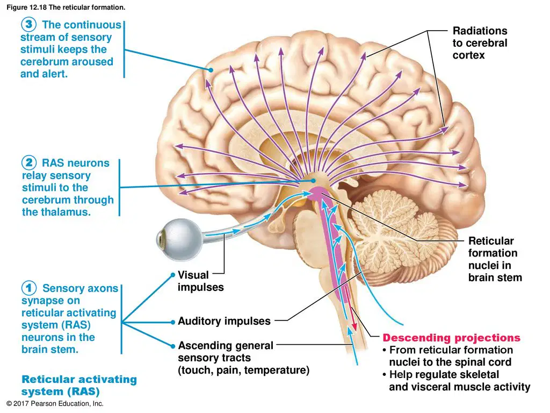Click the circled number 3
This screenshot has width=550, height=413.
(28, 24)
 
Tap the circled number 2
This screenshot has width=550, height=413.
(29, 162)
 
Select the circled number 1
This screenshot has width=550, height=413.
(29, 288)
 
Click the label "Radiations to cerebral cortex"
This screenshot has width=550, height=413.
(480, 43)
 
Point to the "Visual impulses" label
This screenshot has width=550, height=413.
(201, 281)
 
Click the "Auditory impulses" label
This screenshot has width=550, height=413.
(224, 321)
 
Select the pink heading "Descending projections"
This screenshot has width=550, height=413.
(451, 338)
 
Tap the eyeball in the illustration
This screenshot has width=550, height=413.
(179, 239)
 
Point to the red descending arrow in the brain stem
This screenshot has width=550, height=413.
(350, 309)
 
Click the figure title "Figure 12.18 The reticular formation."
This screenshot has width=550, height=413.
(66, 7)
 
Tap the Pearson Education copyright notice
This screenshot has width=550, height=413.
(55, 403)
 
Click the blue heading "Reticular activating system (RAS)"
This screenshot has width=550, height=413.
(79, 385)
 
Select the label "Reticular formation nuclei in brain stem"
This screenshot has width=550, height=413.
(495, 259)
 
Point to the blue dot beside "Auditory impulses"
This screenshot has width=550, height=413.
(172, 322)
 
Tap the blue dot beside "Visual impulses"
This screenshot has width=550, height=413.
(172, 275)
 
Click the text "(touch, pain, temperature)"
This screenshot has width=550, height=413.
(243, 370)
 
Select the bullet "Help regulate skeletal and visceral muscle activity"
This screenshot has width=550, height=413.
(457, 381)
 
